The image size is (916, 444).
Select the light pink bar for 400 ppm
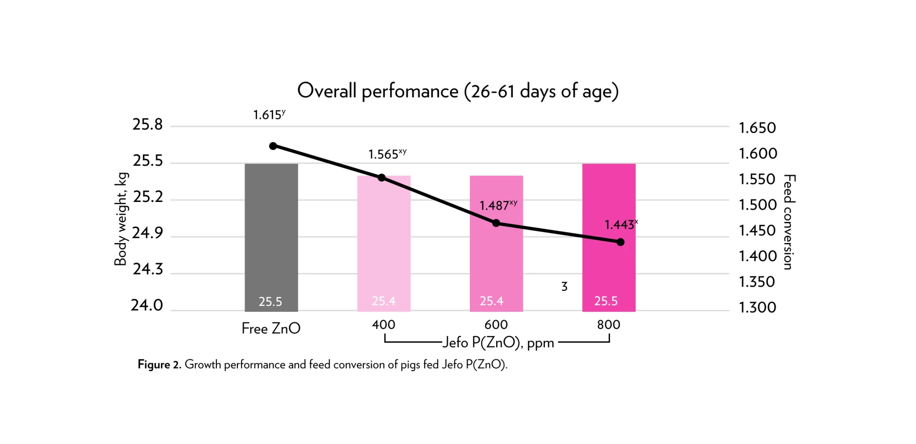click(x=383, y=243)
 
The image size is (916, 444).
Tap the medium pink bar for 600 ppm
click(x=496, y=258)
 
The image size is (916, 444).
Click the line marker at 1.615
click(x=273, y=146)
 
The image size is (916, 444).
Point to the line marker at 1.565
click(x=382, y=178)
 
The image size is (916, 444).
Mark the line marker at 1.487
click(x=496, y=223)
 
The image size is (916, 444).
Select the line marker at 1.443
click(x=620, y=242)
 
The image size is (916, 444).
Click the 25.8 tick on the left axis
click(x=148, y=125)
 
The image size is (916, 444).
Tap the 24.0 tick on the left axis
click(x=147, y=305)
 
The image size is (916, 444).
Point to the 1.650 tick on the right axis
click(x=757, y=128)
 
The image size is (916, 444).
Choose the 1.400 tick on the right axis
click(x=757, y=256)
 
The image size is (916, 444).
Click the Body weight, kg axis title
click(x=121, y=219)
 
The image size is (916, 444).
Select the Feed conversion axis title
click(x=789, y=222)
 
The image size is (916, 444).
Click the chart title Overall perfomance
click(x=458, y=91)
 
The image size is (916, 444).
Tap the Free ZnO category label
click(x=271, y=328)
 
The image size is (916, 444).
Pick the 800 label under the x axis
click(x=608, y=325)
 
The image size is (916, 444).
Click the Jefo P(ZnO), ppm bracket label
click(x=498, y=343)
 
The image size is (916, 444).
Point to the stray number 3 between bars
click(x=564, y=286)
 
